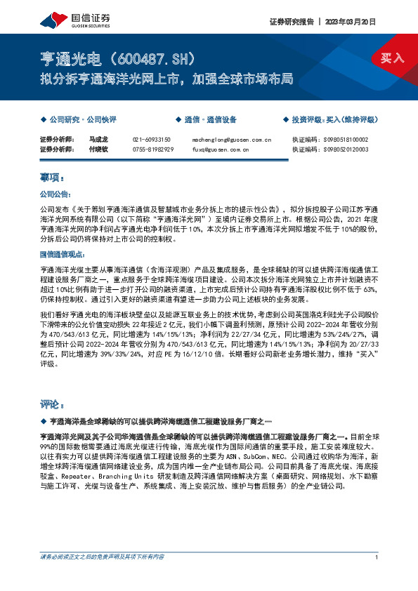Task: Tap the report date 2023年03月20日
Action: tap(356, 21)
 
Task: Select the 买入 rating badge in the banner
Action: tap(392, 58)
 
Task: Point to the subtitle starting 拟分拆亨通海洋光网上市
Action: tap(165, 78)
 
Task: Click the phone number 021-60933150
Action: tap(153, 140)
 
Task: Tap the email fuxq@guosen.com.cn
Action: tap(221, 149)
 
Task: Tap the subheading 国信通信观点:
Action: tap(61, 254)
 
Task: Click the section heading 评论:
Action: tap(53, 404)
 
